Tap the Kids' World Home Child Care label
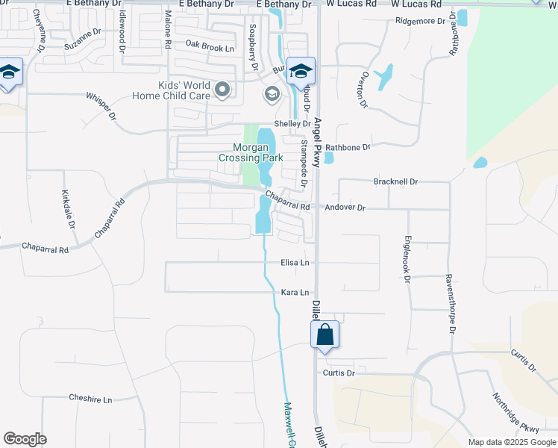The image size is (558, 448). click(172, 90)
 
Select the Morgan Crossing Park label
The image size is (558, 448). click(251, 152)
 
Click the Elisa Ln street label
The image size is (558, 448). click(295, 264)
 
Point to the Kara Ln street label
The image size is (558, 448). click(295, 293)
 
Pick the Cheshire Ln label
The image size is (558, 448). click(90, 399)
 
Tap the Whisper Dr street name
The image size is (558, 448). click(101, 106)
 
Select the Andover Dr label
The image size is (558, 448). click(345, 208)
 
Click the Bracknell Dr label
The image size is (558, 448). click(395, 181)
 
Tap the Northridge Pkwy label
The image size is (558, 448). click(515, 414)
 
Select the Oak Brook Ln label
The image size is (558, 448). click(210, 46)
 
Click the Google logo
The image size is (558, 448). click(25, 439)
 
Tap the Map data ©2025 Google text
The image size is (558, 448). click(511, 442)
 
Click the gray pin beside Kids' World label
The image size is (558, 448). click(222, 90)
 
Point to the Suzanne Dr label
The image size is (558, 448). click(82, 39)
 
